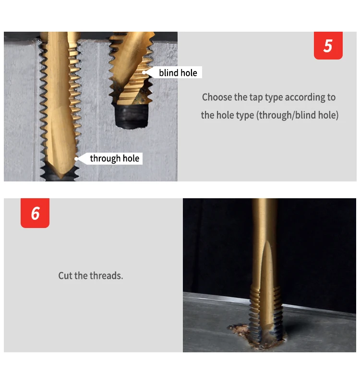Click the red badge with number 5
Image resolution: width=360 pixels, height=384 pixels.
pos(328,46)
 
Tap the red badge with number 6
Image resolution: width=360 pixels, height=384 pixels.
pos(35,213)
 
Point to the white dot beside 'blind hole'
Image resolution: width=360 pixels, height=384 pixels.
pos(144,72)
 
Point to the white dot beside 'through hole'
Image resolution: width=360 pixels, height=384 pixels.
pos(76,159)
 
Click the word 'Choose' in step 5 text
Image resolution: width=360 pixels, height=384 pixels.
pos(217,97)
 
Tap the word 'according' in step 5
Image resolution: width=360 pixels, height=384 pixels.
pos(305,97)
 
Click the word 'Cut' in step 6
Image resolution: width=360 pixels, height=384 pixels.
pos(65,276)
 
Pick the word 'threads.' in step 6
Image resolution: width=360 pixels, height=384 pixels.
pos(106,276)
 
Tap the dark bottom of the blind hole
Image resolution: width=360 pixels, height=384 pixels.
pos(132,116)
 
